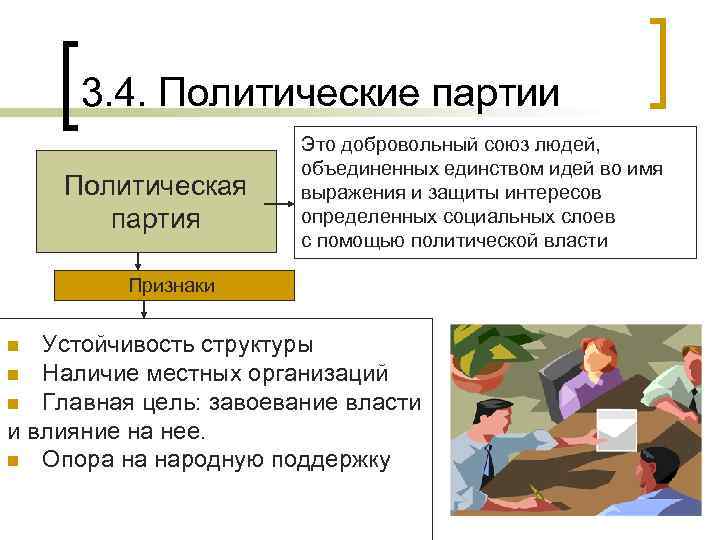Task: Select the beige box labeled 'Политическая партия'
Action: point(156,201)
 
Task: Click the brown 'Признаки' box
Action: point(171,286)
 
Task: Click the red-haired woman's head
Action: point(596,355)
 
